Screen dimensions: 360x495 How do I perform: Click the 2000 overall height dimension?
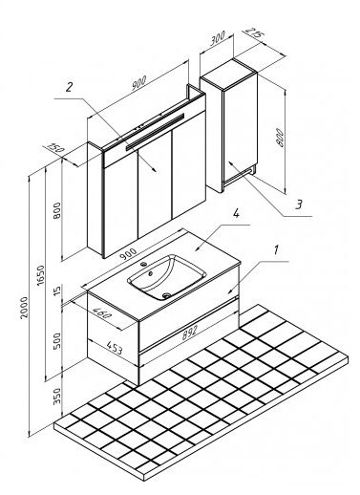tap(24, 308)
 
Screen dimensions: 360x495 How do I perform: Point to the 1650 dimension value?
tap(40, 274)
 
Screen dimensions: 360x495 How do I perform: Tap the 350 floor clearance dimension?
tap(57, 396)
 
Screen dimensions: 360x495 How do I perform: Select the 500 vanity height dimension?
tap(57, 341)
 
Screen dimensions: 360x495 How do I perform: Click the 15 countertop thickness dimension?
tap(57, 291)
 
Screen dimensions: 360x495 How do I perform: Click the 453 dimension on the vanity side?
tap(115, 348)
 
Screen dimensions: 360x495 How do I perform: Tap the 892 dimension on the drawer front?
tap(189, 333)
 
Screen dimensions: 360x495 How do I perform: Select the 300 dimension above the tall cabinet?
tap(218, 37)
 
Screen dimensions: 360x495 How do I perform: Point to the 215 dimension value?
tap(254, 32)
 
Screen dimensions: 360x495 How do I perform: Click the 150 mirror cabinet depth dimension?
tap(56, 147)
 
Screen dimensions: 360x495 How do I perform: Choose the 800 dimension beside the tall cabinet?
tap(280, 138)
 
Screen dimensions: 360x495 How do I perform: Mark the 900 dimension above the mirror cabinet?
tap(139, 82)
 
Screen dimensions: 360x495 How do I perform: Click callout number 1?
tap(276, 250)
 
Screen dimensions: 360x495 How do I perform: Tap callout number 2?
tap(69, 87)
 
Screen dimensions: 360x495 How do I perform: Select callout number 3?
tap(299, 204)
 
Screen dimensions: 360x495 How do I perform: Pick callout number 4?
tap(236, 213)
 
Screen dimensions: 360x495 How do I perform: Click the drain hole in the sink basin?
tap(165, 296)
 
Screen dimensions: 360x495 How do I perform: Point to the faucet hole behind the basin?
tap(143, 264)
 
